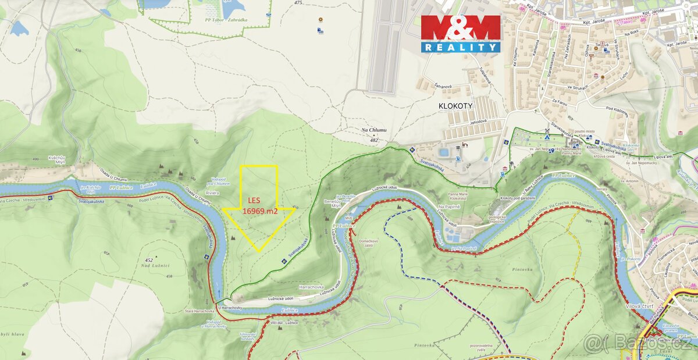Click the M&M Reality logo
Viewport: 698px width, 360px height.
(461, 33)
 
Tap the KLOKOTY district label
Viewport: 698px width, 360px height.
(456, 106)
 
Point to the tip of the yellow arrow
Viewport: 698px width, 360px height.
(259, 251)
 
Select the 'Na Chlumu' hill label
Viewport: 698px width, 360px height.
(373, 130)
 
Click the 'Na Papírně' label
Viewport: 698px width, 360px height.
(450, 207)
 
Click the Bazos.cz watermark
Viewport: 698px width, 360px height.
(640, 343)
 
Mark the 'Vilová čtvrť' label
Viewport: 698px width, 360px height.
(646, 306)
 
